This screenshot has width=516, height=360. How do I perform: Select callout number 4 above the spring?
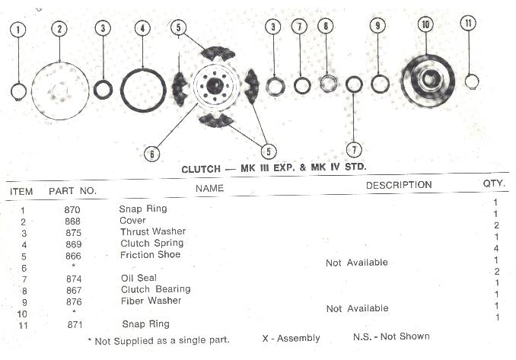tap(141, 29)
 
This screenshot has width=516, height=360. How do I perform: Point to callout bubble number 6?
tap(153, 153)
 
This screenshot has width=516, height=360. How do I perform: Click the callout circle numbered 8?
tap(326, 27)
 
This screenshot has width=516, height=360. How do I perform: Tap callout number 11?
tap(468, 24)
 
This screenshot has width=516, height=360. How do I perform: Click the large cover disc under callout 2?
tap(60, 91)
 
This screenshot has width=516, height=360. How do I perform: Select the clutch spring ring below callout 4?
tap(143, 90)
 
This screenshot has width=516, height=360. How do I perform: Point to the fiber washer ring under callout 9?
tap(380, 82)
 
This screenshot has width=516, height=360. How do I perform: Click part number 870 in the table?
tap(73, 209)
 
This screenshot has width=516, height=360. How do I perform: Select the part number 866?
tap(73, 255)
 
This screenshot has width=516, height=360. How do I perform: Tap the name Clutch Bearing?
tap(155, 289)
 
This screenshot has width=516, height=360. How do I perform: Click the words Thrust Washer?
tap(152, 231)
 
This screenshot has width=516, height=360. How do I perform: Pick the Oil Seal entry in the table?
tap(139, 278)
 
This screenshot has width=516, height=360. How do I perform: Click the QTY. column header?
tap(495, 183)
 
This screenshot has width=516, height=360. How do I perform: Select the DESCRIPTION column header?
tap(399, 185)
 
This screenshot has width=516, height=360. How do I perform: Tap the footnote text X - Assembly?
tap(290, 337)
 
